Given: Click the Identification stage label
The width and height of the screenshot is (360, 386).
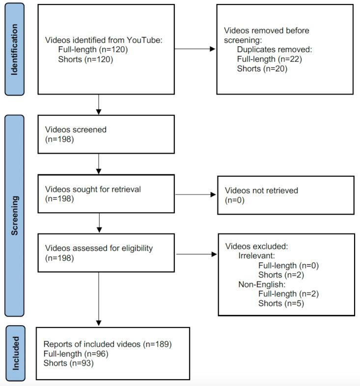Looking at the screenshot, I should coord(14,50).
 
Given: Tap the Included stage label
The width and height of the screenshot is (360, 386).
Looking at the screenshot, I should coord(14,353).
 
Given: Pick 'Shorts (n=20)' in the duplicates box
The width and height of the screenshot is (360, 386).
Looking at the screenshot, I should coord(262,68).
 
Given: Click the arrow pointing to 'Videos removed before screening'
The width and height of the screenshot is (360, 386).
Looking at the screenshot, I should coord(195,49).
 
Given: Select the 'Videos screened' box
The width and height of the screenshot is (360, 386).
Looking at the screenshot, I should coord(106,134).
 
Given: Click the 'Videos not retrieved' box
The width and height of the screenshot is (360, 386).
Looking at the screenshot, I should coord(285,195).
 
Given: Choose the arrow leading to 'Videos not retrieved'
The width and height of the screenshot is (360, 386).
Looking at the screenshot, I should coord(195,195).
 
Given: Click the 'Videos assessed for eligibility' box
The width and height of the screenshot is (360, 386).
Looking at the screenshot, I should coord(106,253).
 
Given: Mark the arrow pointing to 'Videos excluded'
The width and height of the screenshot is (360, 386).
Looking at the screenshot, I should coord(195,254).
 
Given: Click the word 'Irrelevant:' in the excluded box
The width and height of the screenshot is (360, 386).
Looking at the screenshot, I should coord(256,256).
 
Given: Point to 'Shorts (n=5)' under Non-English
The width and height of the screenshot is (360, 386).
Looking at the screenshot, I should coord(281,303).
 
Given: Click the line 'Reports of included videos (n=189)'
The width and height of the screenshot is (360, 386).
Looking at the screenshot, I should coord(108,344).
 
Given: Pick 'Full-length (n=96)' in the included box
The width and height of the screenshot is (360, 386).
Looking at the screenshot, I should coord(76,354).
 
